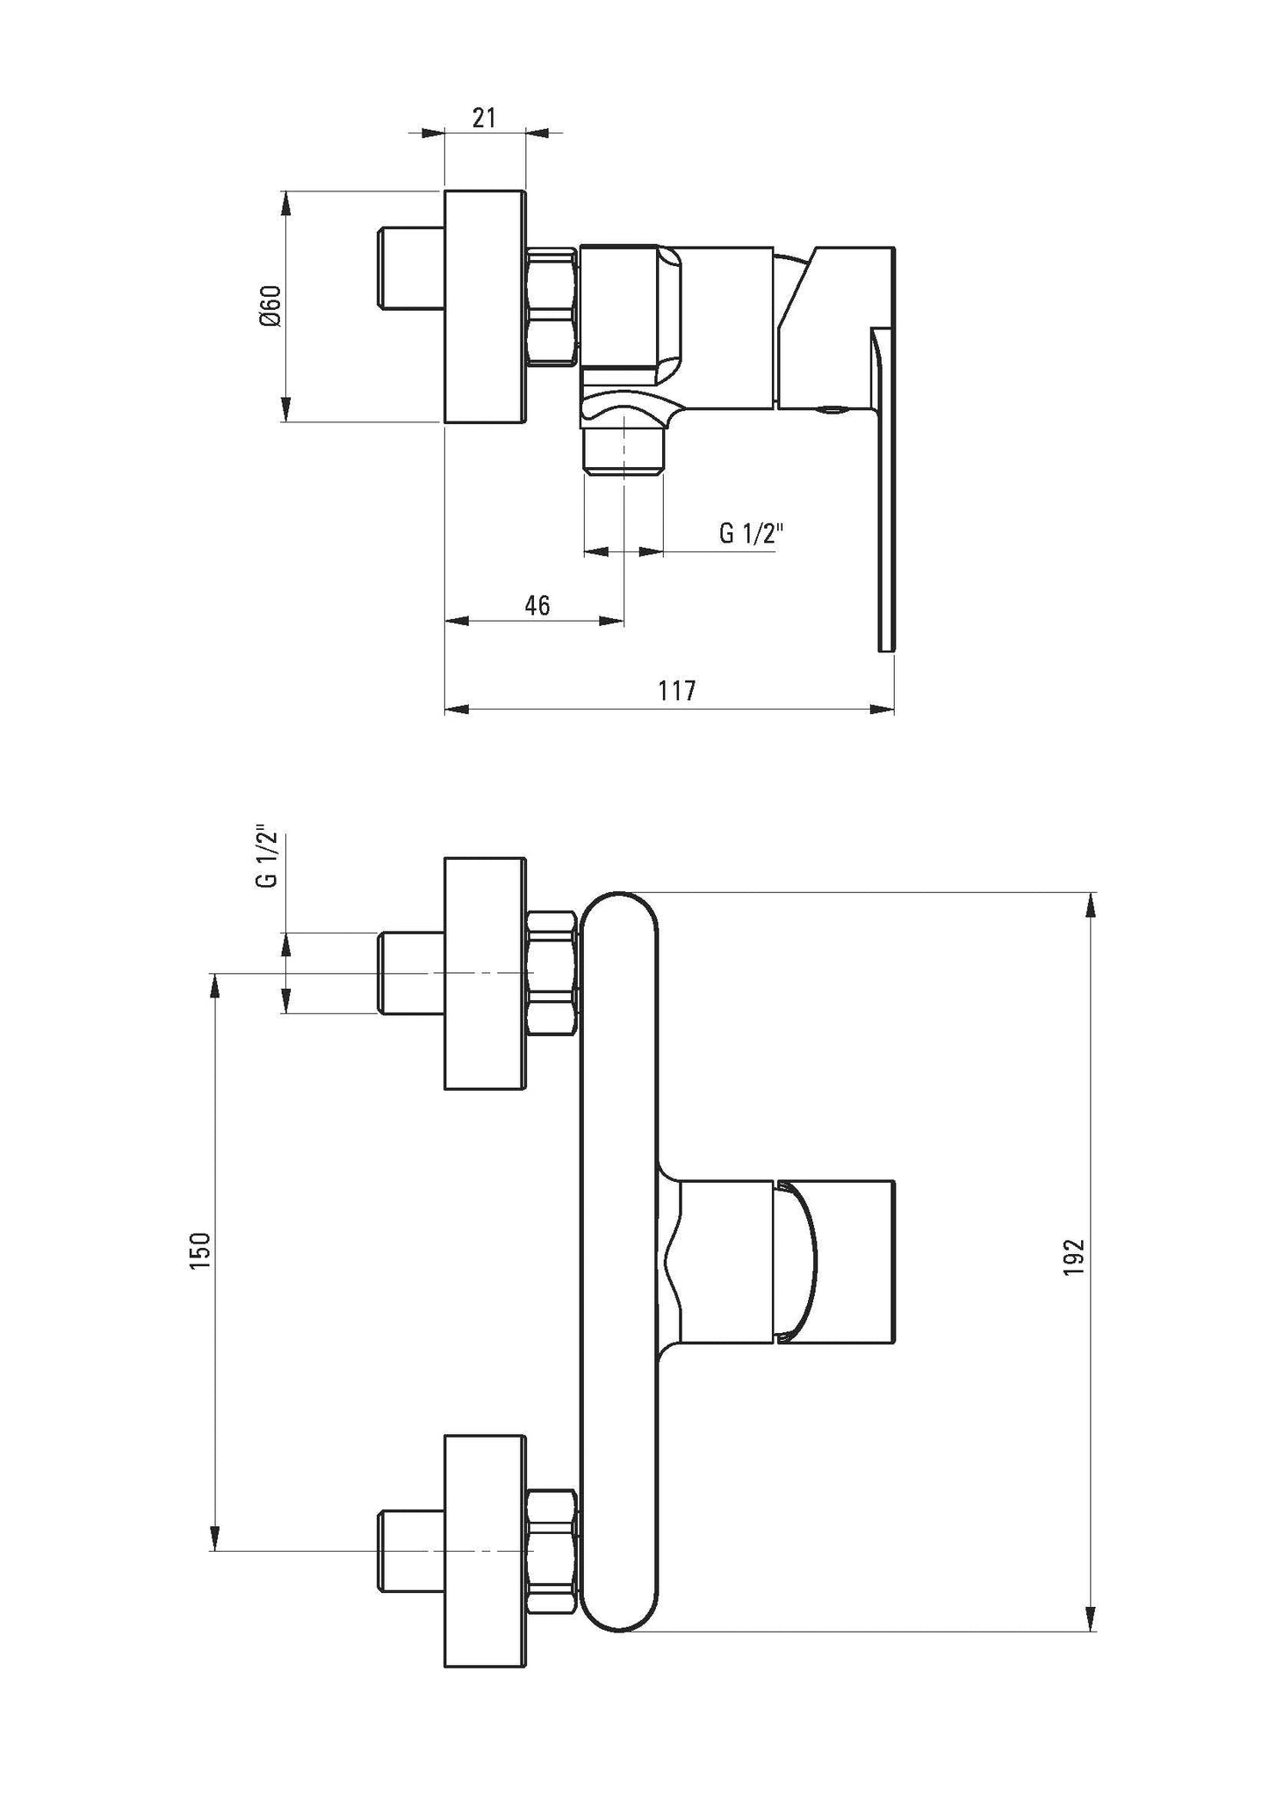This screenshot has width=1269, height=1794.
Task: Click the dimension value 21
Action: pyautogui.click(x=484, y=118)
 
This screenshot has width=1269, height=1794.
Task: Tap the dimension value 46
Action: pyautogui.click(x=537, y=605)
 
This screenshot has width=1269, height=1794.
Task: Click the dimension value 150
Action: pyautogui.click(x=201, y=1249)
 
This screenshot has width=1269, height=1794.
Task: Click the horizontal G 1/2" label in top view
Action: pyautogui.click(x=749, y=533)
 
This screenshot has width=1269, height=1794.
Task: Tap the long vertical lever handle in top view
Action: pyautogui.click(x=884, y=492)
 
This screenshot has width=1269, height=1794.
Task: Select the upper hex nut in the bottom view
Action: pyautogui.click(x=552, y=973)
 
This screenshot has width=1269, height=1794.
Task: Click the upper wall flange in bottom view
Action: pyautogui.click(x=486, y=973)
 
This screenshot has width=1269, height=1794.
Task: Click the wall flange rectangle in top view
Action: pyautogui.click(x=486, y=306)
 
